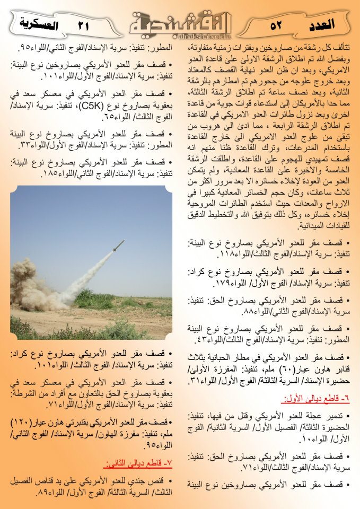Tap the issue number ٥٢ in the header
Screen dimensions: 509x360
pos(276,25)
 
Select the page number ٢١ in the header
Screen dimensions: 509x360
pos(84,25)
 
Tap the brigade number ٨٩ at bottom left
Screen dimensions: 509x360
pos(43,493)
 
